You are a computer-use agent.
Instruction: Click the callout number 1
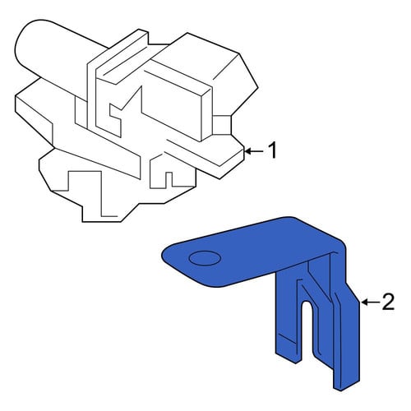272,150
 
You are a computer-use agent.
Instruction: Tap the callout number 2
388,302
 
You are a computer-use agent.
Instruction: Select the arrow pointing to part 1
253,151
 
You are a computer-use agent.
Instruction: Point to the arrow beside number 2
371,302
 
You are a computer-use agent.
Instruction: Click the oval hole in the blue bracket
205,258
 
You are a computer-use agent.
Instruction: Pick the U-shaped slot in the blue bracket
307,329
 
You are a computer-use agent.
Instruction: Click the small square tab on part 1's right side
222,125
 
